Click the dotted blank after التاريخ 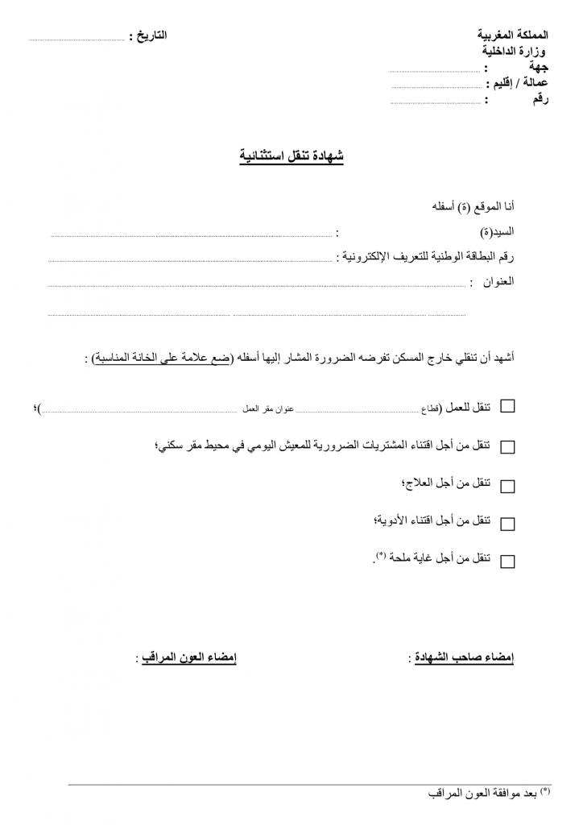coord(77,38)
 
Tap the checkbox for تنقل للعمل coord(507,408)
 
